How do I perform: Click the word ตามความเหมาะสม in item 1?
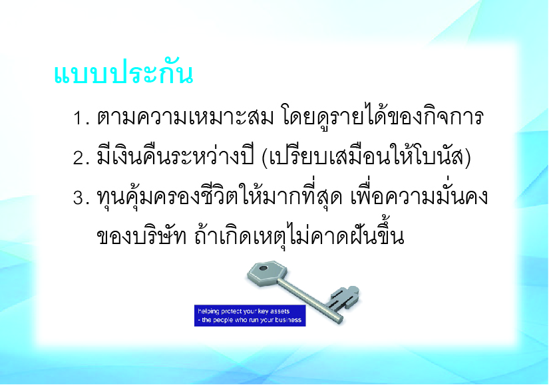[186, 116]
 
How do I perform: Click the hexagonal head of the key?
[267, 273]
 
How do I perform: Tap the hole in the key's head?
[263, 269]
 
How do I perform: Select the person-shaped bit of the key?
[344, 298]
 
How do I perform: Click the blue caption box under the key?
[250, 316]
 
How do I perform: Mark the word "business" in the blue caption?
[287, 320]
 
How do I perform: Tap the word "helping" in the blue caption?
[208, 311]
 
